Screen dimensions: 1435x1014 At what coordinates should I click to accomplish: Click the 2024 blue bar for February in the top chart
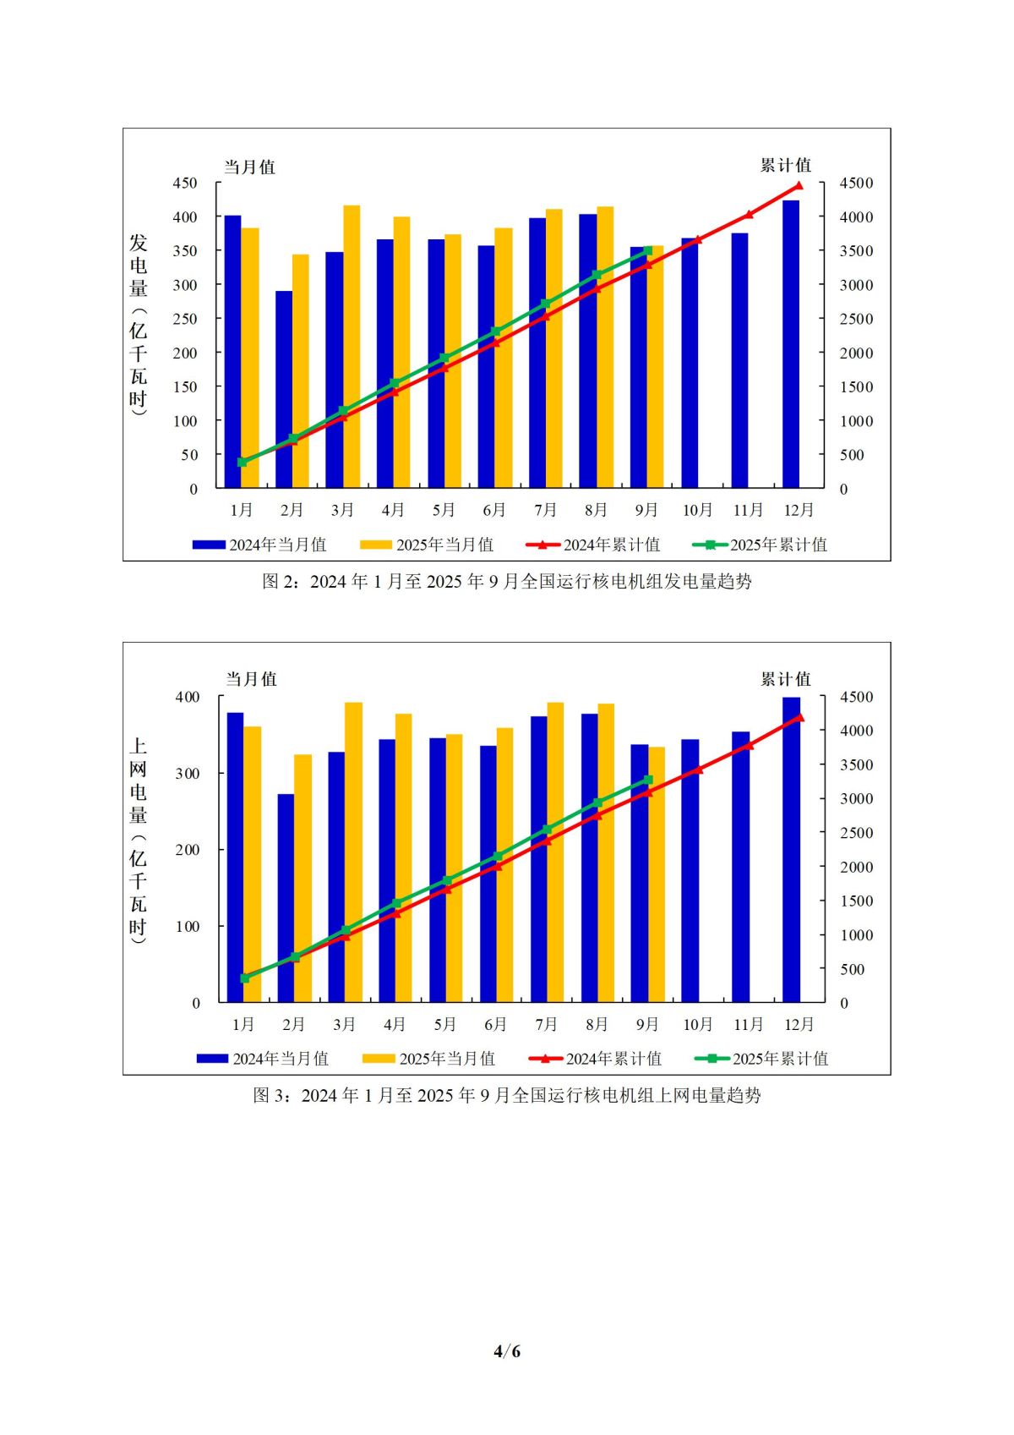click(x=284, y=389)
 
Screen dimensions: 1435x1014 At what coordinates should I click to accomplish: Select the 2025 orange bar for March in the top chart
click(x=352, y=347)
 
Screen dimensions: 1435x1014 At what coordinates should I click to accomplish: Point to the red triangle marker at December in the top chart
click(x=799, y=185)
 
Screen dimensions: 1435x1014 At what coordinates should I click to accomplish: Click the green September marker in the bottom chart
click(x=648, y=780)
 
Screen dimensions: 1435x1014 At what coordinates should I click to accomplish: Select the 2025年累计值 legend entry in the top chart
click(x=760, y=545)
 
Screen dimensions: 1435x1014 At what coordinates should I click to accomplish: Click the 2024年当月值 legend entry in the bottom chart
click(x=263, y=1059)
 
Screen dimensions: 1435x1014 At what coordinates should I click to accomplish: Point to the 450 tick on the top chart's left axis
click(x=185, y=183)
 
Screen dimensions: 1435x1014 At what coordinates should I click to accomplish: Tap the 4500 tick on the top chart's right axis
click(x=856, y=183)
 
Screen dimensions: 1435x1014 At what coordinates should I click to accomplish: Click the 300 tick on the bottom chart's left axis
click(x=188, y=773)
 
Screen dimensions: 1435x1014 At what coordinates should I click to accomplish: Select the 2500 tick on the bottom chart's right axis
click(x=856, y=833)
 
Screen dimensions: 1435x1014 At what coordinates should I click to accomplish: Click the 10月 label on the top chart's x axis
click(x=698, y=510)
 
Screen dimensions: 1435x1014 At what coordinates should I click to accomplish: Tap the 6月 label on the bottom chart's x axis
click(x=495, y=1024)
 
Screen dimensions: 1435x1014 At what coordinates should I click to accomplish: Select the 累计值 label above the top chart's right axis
click(x=785, y=165)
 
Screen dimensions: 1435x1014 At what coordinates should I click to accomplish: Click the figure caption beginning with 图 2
click(x=507, y=582)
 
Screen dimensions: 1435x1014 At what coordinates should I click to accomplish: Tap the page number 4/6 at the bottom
click(x=507, y=1350)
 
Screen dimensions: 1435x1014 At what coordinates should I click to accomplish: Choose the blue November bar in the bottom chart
click(x=740, y=867)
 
